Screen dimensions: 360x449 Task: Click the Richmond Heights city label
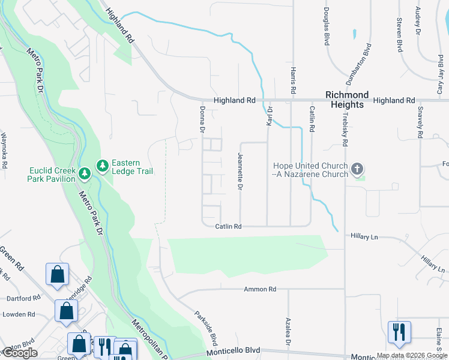coord(347,100)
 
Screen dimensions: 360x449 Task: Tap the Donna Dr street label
coord(202,119)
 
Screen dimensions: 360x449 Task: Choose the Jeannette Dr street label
coord(240,172)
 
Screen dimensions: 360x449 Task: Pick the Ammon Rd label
coord(259,289)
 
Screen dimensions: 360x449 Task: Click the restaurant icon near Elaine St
coord(399,332)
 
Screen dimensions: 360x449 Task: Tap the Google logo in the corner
coord(20,353)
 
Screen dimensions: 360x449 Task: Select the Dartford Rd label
coord(22,298)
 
